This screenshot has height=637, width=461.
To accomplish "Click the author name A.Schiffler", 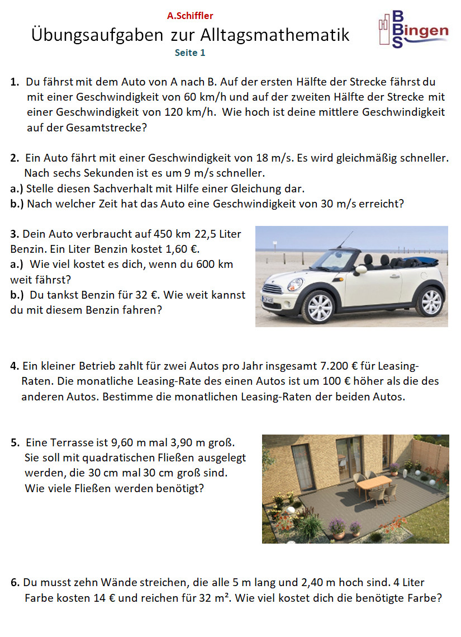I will click(190, 16).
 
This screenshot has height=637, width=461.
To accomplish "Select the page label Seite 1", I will click(190, 53).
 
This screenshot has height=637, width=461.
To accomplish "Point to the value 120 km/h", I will click(190, 112).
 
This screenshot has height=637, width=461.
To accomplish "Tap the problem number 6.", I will click(15, 582).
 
